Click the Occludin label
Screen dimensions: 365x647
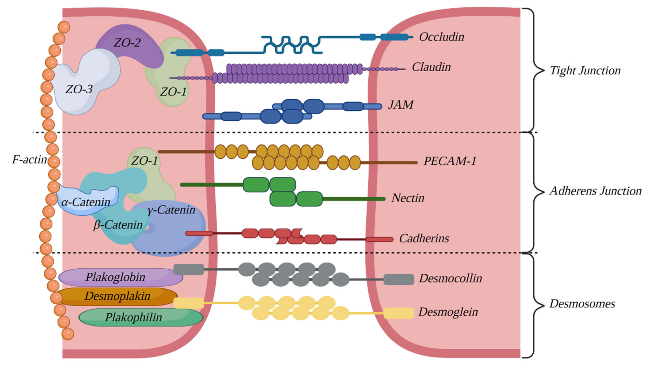(x=441, y=37)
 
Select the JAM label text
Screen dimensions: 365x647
(x=401, y=105)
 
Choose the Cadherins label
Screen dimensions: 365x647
(x=424, y=238)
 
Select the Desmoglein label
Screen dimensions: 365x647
(x=448, y=312)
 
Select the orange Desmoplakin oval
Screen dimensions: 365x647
(x=117, y=296)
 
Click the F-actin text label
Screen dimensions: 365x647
(x=29, y=159)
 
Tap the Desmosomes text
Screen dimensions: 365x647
(x=582, y=304)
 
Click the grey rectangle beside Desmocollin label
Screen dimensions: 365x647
(x=399, y=279)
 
